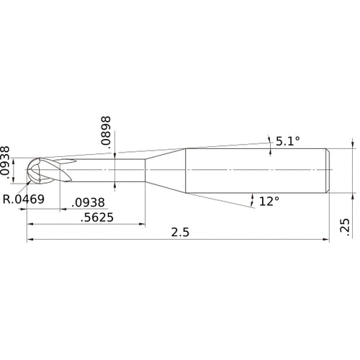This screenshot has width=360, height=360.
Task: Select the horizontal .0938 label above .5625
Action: coord(91,202)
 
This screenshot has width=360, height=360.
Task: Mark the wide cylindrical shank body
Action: coord(256,170)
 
